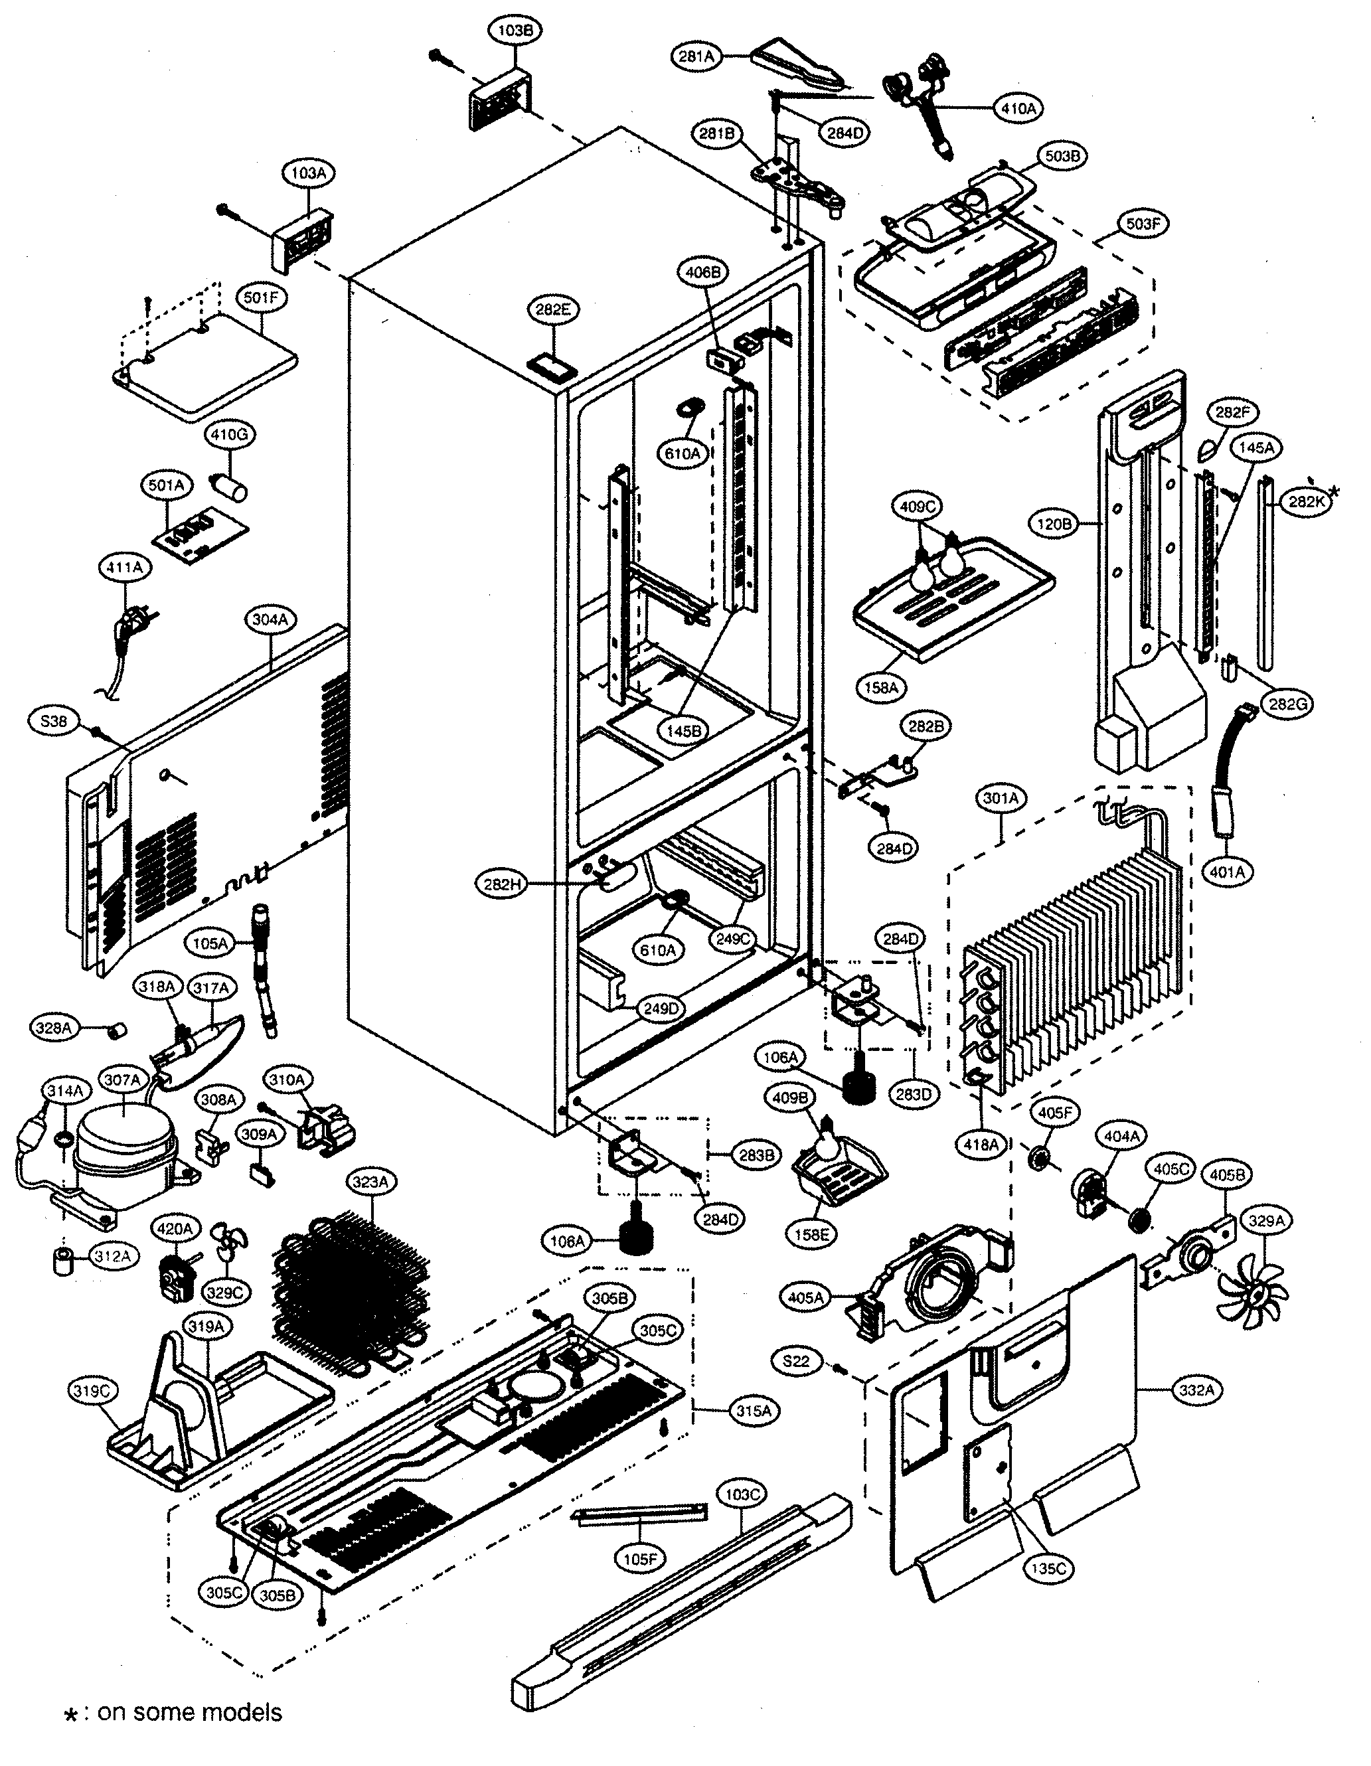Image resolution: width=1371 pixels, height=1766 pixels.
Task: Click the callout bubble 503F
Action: click(1142, 224)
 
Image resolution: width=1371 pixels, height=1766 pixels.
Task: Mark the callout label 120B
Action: click(1054, 524)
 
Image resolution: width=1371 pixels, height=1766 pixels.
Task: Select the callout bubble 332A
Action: click(1196, 1390)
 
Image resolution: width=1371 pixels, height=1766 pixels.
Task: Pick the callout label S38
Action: click(53, 720)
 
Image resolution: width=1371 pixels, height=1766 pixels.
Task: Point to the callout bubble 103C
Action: click(741, 1494)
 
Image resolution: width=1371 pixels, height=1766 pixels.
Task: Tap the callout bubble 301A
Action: click(1001, 799)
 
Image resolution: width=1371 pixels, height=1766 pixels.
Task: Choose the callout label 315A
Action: click(753, 1411)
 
